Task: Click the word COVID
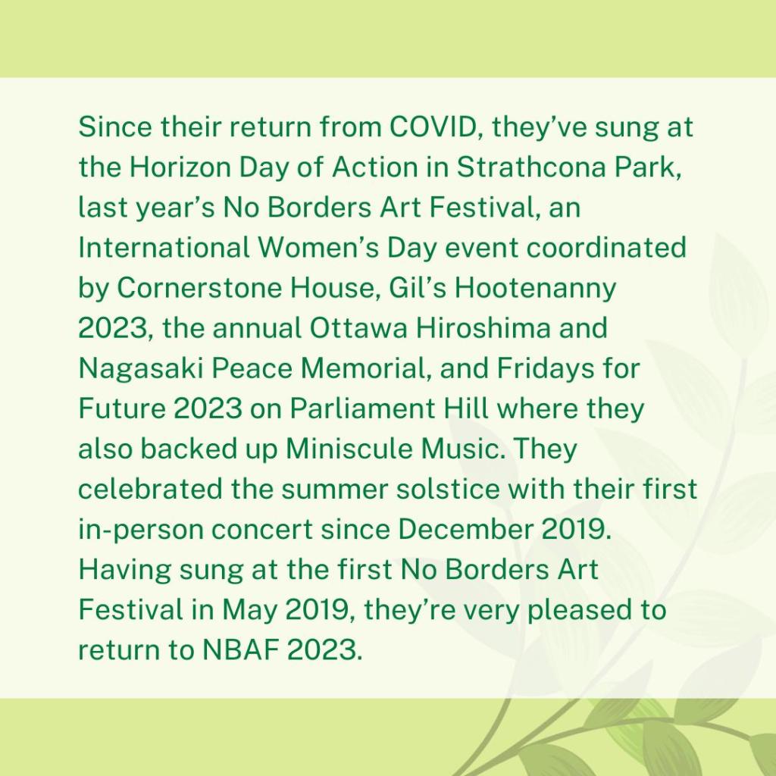432,127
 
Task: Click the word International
164,248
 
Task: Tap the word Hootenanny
536,289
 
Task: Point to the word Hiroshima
483,327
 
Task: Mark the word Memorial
365,368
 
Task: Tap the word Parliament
364,408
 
